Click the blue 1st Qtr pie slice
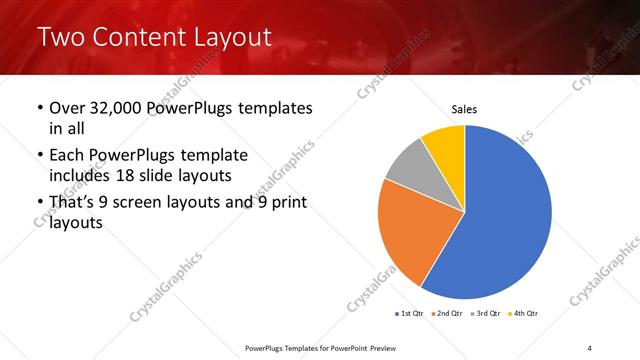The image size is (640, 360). [x=505, y=215]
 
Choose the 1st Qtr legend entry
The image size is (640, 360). [x=410, y=314]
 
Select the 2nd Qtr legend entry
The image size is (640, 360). [x=448, y=314]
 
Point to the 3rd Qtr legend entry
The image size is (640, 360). [x=486, y=314]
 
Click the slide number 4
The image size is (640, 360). [x=589, y=347]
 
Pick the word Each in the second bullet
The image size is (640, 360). [x=68, y=156]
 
